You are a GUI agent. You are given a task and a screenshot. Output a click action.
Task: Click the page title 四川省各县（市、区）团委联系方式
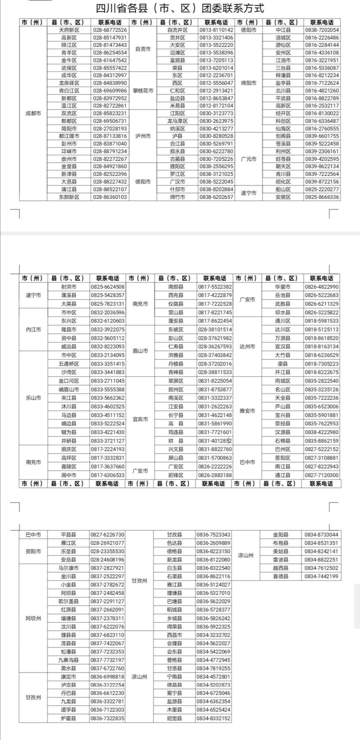pyautogui.click(x=180, y=8)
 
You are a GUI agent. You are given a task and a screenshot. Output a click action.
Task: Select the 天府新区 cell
pyautogui.click(x=69, y=30)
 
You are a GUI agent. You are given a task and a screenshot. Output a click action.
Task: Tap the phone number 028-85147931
pyautogui.click(x=110, y=38)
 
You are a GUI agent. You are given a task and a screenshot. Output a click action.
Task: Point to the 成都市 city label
pyautogui.click(x=33, y=113)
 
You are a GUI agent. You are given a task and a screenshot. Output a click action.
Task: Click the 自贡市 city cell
pyautogui.click(x=143, y=49)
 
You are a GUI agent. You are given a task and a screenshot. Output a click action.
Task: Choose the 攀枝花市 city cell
pyautogui.click(x=143, y=91)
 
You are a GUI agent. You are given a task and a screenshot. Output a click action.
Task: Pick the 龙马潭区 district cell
pyautogui.click(x=177, y=121)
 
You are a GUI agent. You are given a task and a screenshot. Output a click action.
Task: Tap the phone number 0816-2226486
pyautogui.click(x=322, y=38)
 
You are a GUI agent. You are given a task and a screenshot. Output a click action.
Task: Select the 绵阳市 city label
pyautogui.click(x=249, y=83)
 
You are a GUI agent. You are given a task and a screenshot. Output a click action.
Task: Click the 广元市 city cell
pyautogui.click(x=249, y=159)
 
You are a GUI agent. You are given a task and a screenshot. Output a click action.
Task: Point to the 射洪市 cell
pyautogui.click(x=69, y=287)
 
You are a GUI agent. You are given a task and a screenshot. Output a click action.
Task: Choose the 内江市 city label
pyautogui.click(x=33, y=329)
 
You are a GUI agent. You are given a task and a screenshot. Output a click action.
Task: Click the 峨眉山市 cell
pyautogui.click(x=69, y=390)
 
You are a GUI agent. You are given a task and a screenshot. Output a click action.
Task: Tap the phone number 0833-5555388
pyautogui.click(x=108, y=390)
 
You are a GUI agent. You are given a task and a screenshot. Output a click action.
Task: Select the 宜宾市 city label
pyautogui.click(x=140, y=419)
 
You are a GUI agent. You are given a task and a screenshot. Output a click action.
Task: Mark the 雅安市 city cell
pyautogui.click(x=247, y=411)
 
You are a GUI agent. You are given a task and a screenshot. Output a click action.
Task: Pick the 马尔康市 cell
pyautogui.click(x=68, y=568)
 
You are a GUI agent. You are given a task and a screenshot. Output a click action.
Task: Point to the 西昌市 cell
pyautogui.click(x=174, y=635)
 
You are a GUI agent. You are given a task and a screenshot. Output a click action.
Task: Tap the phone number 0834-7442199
pyautogui.click(x=321, y=576)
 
